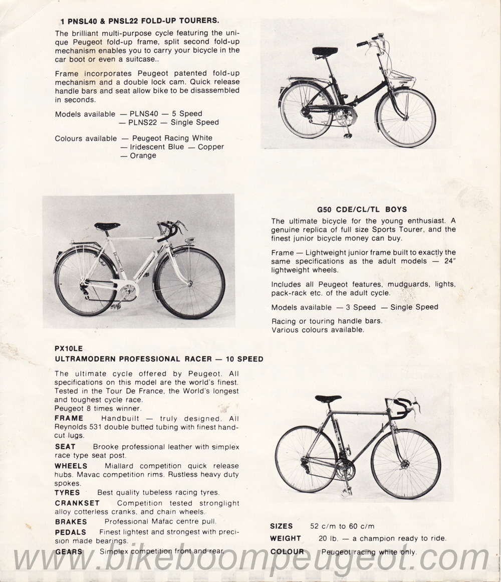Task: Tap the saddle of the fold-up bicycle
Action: point(325,51)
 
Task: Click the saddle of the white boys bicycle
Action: point(107,226)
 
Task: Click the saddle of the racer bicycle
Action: point(328,399)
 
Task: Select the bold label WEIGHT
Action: point(286,538)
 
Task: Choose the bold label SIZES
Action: point(282,526)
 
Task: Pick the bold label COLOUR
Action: point(287,551)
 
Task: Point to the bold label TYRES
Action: point(67,492)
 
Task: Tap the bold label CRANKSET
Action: point(77,503)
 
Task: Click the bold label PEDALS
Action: point(71,532)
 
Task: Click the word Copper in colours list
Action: point(210,147)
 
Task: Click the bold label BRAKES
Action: point(71,521)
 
